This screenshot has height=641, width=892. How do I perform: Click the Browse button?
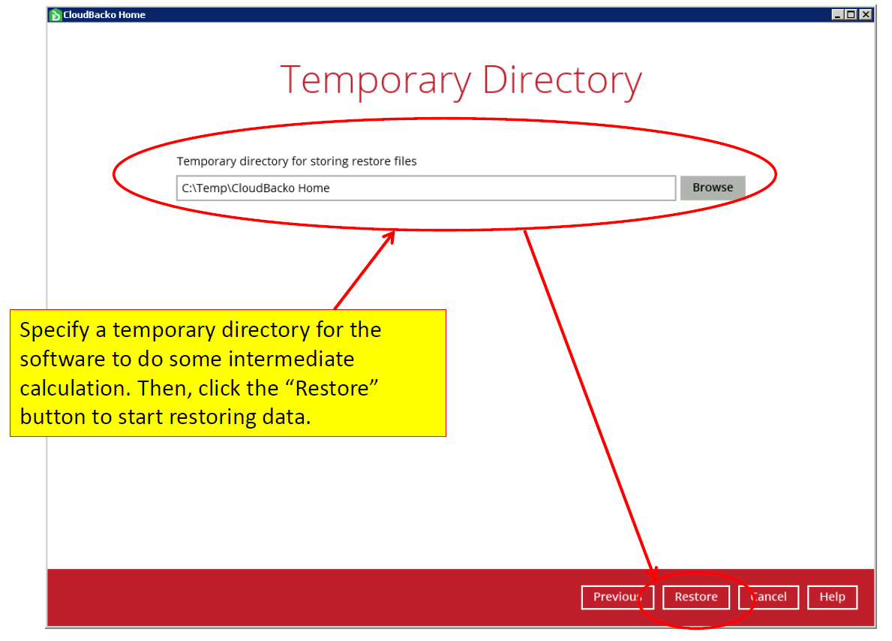[x=712, y=188]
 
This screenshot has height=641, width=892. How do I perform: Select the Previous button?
[x=617, y=597]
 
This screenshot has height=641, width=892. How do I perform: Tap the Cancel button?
[x=768, y=597]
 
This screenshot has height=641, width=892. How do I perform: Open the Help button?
[x=832, y=597]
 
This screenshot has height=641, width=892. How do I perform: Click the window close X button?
[x=866, y=14]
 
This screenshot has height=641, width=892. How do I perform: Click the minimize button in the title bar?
[x=837, y=14]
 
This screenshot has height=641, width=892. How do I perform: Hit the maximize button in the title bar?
[x=851, y=14]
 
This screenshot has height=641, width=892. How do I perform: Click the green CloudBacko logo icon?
[x=56, y=15]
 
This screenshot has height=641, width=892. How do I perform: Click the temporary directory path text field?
[x=426, y=188]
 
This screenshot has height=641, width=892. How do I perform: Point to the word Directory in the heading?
[x=562, y=80]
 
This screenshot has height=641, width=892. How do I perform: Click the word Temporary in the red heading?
[x=375, y=80]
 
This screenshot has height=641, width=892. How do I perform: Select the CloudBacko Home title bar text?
[x=104, y=15]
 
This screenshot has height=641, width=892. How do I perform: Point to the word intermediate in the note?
[x=291, y=360]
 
